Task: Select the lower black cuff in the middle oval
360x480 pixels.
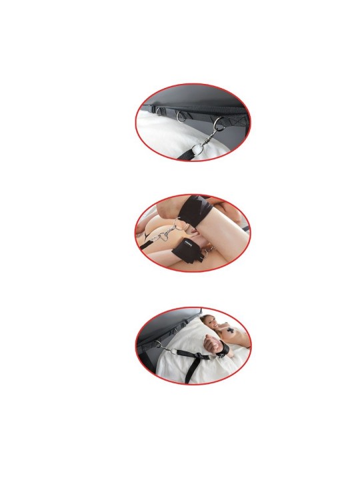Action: point(191,253)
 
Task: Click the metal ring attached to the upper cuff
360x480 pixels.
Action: point(175,225)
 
